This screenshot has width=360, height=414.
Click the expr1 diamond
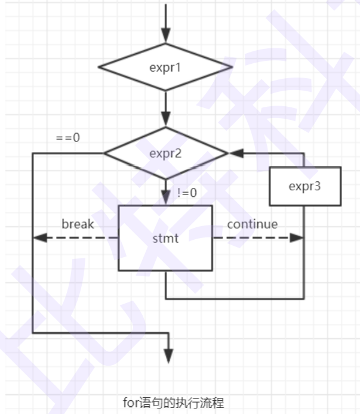coord(166,66)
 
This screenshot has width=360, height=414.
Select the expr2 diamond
coord(166,153)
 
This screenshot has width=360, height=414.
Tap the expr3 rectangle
coord(304,186)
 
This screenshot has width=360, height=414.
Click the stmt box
coord(165,238)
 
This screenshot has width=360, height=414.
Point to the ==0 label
coord(68,137)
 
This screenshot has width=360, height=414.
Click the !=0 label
coord(187,193)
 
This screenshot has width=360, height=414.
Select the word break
coord(78,224)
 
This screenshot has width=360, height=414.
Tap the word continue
coord(253,224)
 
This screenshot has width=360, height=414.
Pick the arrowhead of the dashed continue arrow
coord(298,237)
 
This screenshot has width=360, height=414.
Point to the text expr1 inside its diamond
coord(165,66)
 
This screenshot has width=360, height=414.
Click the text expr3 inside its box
coord(304,186)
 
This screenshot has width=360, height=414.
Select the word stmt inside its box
coord(166,239)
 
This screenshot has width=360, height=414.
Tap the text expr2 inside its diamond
coord(165,153)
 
